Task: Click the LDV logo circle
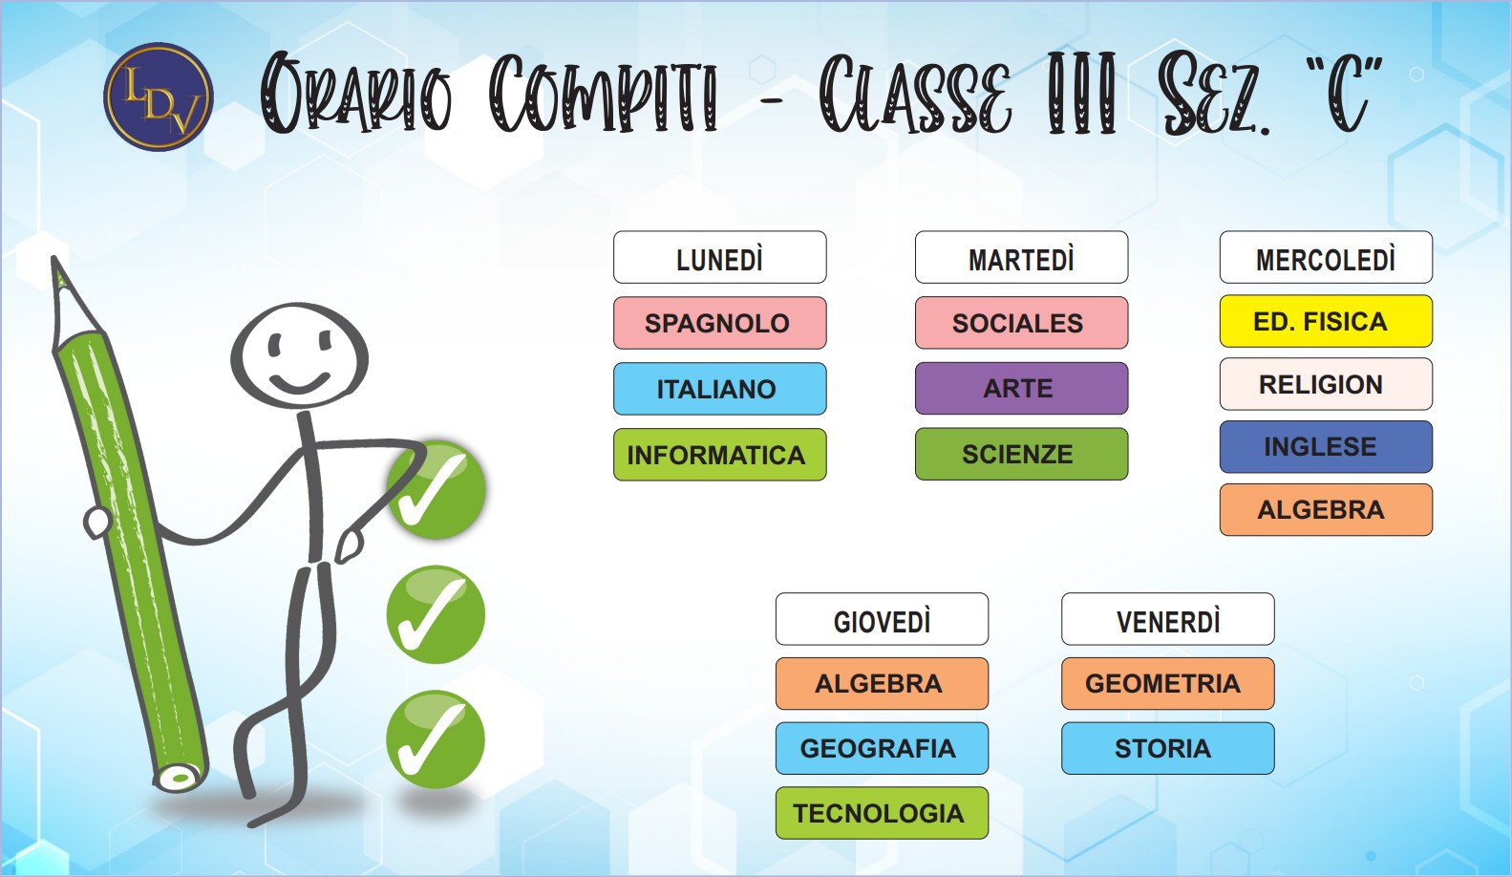click(x=159, y=96)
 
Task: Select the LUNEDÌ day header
click(x=719, y=257)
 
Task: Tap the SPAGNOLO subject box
click(x=719, y=323)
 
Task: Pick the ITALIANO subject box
click(x=719, y=389)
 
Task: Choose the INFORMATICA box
click(x=719, y=455)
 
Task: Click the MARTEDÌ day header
click(x=1021, y=257)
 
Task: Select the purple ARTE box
click(x=1021, y=388)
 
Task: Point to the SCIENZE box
click(x=1021, y=454)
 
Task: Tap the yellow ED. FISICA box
click(x=1326, y=321)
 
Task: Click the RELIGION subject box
click(x=1326, y=384)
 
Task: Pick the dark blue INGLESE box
click(x=1326, y=447)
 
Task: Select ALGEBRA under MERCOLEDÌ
click(x=1326, y=510)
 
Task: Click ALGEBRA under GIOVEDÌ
click(x=882, y=683)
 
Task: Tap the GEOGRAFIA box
click(x=882, y=748)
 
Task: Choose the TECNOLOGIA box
click(x=882, y=813)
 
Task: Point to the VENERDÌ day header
click(x=1168, y=619)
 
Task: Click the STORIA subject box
click(x=1168, y=748)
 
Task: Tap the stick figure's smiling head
click(x=299, y=355)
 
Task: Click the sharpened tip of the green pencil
click(x=54, y=259)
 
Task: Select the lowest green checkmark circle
click(x=436, y=739)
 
